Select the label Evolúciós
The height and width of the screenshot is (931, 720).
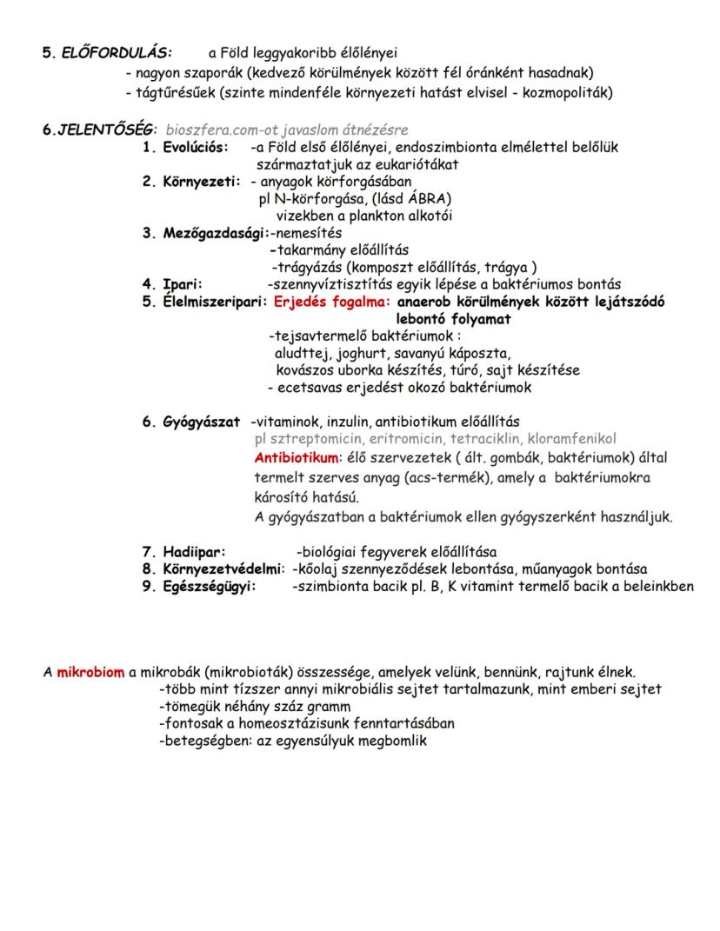(196, 148)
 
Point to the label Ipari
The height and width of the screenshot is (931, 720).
(182, 283)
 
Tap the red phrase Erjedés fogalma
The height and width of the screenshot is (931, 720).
(331, 302)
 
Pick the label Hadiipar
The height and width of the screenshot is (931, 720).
(193, 552)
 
